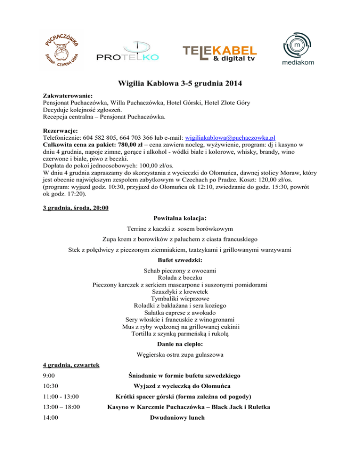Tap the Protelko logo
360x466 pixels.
click(x=127, y=53)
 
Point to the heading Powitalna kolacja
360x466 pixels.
click(x=180, y=218)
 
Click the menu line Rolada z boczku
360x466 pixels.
click(x=180, y=278)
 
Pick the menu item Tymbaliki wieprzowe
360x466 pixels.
click(x=180, y=298)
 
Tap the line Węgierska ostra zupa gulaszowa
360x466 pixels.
click(x=180, y=354)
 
